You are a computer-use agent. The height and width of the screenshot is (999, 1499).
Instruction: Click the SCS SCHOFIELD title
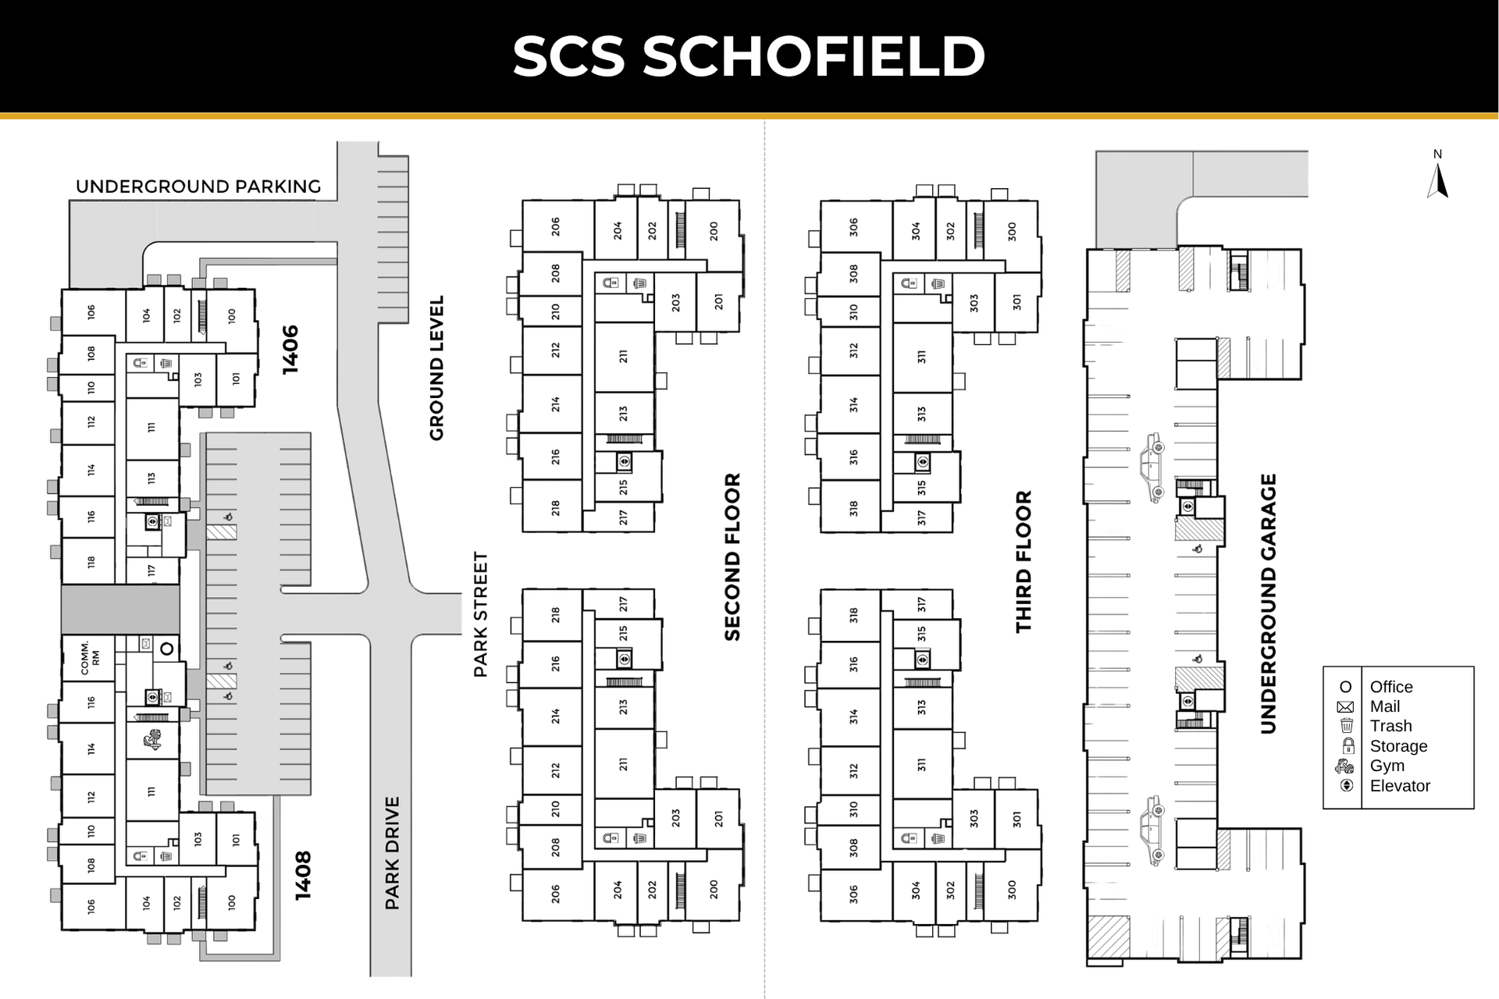pyautogui.click(x=749, y=56)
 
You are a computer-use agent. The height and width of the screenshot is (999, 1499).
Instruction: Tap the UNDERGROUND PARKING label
pyautogui.click(x=198, y=187)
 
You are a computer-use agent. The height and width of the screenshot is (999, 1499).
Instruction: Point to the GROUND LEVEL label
pyautogui.click(x=436, y=368)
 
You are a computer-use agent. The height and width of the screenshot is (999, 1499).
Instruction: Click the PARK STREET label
pyautogui.click(x=480, y=614)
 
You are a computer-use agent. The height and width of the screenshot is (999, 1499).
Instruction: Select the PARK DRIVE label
pyautogui.click(x=392, y=853)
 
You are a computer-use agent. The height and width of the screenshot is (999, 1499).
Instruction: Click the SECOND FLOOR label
pyautogui.click(x=732, y=556)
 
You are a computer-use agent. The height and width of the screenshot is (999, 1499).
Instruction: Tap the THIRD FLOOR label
pyautogui.click(x=1024, y=561)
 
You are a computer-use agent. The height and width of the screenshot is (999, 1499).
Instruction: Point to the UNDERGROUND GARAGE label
pyautogui.click(x=1268, y=603)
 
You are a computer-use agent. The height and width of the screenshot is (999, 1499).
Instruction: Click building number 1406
pyautogui.click(x=290, y=350)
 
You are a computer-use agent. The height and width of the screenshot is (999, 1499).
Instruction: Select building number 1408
pyautogui.click(x=303, y=875)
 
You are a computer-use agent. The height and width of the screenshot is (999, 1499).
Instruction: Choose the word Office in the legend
pyautogui.click(x=1391, y=687)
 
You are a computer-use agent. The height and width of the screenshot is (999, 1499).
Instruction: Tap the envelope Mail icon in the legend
pyautogui.click(x=1345, y=707)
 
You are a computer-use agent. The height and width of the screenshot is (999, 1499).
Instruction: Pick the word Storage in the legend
pyautogui.click(x=1398, y=746)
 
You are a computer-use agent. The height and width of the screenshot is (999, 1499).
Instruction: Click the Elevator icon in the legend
pyautogui.click(x=1346, y=785)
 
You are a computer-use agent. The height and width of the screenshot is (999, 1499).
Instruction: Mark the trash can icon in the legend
pyautogui.click(x=1346, y=726)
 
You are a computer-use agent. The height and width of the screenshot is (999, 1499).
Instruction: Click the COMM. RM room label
pyautogui.click(x=90, y=658)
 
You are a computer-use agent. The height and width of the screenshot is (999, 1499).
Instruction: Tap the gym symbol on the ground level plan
pyautogui.click(x=153, y=739)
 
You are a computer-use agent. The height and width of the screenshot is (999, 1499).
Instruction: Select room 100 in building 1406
pyautogui.click(x=232, y=316)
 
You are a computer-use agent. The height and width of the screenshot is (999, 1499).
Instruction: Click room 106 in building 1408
pyautogui.click(x=91, y=906)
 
